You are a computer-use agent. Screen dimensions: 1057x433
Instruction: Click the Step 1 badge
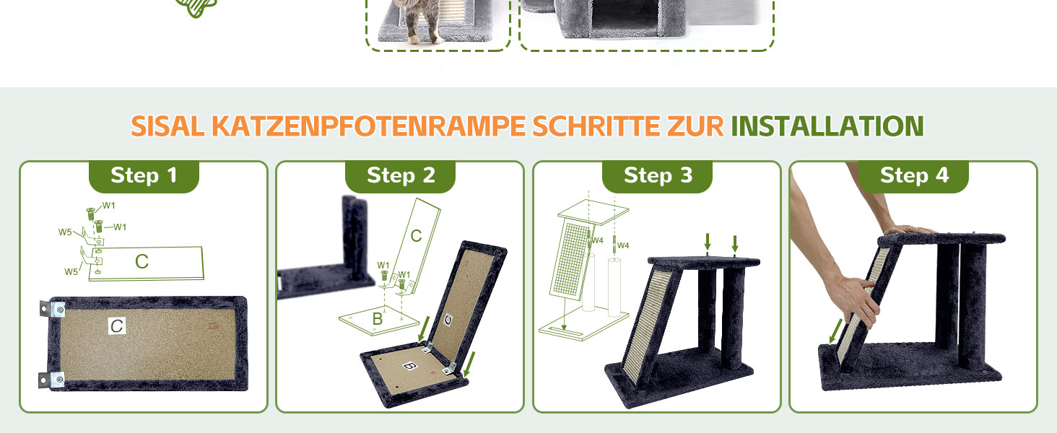(x=144, y=176)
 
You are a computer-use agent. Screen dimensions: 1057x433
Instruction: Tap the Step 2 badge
(x=400, y=176)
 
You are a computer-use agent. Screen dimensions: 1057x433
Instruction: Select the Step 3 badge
(x=657, y=176)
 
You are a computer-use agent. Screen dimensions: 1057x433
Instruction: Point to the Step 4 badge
(x=913, y=176)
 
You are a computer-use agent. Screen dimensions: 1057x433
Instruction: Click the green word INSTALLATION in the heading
(x=827, y=126)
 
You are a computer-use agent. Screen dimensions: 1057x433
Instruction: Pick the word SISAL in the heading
(x=168, y=126)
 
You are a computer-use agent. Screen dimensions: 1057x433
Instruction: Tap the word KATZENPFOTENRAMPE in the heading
(x=368, y=126)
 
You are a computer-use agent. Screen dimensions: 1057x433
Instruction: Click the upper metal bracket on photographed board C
(x=52, y=310)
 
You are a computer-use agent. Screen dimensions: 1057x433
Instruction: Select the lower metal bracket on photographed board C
(x=51, y=380)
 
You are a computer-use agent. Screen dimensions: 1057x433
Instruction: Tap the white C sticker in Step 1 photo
(x=117, y=325)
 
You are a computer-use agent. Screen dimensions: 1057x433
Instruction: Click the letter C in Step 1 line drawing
(x=142, y=261)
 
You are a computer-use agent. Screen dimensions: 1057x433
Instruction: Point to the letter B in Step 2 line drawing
(x=378, y=319)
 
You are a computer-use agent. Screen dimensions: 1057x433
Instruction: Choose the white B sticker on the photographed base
(x=410, y=366)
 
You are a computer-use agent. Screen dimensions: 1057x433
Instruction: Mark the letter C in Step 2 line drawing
(x=416, y=236)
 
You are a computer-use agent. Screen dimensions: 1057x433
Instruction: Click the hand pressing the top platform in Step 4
(x=906, y=229)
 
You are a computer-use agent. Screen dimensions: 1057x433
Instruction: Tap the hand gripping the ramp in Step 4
(x=855, y=299)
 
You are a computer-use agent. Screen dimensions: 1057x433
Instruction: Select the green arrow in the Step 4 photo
(x=835, y=331)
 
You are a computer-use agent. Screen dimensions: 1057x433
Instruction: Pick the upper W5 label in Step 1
(x=65, y=232)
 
